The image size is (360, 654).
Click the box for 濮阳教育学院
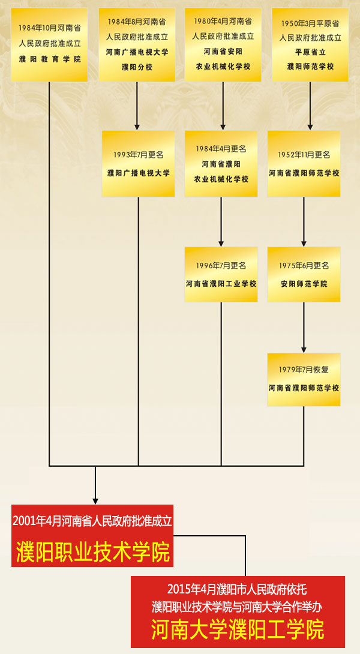(x=49, y=44)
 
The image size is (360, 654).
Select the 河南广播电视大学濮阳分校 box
(x=137, y=44)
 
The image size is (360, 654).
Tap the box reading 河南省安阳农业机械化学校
(x=223, y=44)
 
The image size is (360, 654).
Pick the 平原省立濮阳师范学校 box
(x=310, y=44)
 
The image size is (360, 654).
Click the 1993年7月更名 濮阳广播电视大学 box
(x=138, y=163)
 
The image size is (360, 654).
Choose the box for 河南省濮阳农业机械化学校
(x=221, y=163)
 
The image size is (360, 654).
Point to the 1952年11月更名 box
(x=304, y=163)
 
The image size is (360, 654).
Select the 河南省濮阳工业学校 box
(x=221, y=274)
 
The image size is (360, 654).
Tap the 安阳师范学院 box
(x=304, y=274)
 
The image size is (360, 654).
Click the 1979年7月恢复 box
(x=304, y=380)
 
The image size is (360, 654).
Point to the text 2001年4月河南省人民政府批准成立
(x=92, y=521)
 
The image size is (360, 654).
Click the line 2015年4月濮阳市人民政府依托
(x=238, y=589)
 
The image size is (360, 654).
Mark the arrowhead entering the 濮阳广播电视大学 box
(x=137, y=127)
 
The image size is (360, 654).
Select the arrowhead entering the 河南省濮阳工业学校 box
(x=221, y=243)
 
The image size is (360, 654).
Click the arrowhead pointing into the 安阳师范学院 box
(x=304, y=243)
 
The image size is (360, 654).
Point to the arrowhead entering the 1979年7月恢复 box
(x=304, y=349)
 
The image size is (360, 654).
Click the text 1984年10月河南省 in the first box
(x=50, y=28)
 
